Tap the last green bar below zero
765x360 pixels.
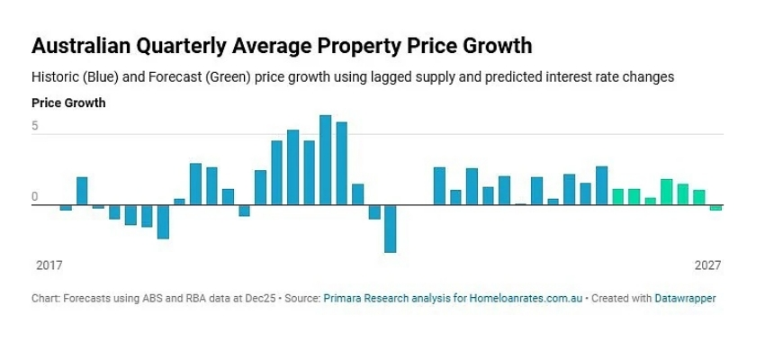715,208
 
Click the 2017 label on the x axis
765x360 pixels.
48,266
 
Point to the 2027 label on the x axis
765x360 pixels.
708,266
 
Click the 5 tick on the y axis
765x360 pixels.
35,127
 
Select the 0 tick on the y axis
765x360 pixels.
35,196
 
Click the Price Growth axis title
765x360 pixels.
68,103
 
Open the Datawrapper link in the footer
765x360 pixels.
685,297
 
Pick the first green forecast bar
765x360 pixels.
617,197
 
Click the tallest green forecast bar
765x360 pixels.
666,193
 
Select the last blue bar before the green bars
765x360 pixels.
601,185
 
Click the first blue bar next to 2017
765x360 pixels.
66,208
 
